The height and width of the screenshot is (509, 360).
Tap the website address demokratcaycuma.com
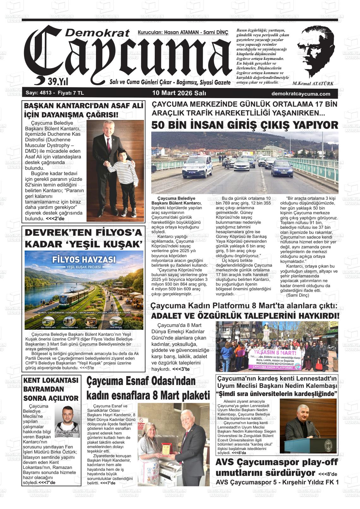(301, 94)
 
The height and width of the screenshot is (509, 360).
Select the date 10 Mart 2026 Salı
(179, 93)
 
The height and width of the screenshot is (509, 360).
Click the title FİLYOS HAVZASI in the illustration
(84, 259)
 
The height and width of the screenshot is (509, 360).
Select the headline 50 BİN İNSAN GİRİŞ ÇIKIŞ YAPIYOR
(245, 125)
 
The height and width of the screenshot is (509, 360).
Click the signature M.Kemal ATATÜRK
(313, 84)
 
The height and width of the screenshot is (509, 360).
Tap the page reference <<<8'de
(328, 474)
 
